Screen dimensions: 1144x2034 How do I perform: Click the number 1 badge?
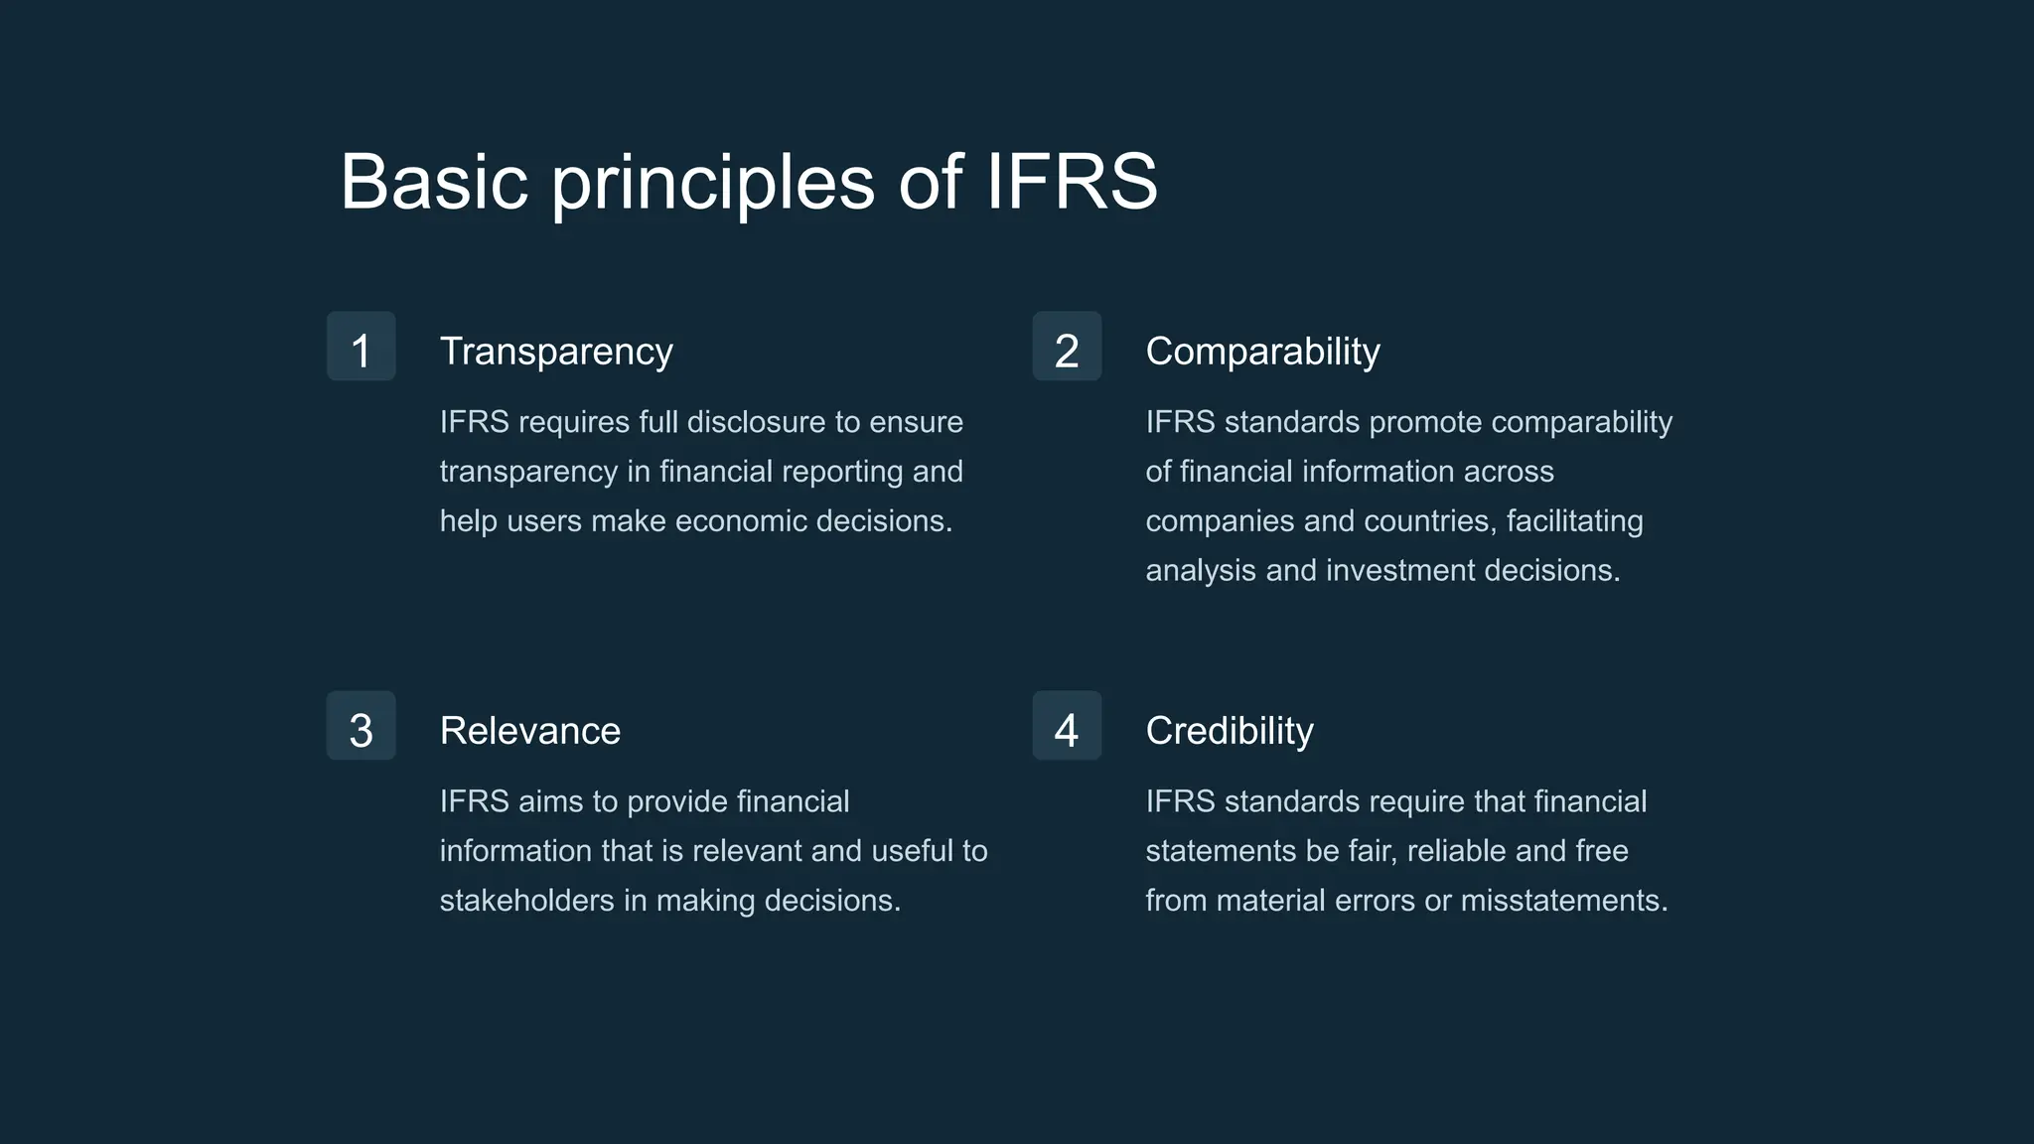click(361, 347)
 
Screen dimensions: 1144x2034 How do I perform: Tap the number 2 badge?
click(1067, 347)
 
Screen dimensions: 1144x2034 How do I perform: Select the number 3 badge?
click(361, 726)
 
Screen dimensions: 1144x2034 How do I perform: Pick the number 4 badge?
click(1067, 726)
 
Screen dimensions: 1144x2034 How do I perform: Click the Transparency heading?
click(556, 352)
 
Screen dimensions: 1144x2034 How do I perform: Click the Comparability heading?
click(1262, 352)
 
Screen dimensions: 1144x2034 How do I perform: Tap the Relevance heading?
click(529, 731)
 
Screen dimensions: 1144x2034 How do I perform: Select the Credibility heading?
click(1229, 731)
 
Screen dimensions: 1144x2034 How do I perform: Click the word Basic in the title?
click(434, 182)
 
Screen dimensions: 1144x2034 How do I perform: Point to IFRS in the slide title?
click(1071, 182)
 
